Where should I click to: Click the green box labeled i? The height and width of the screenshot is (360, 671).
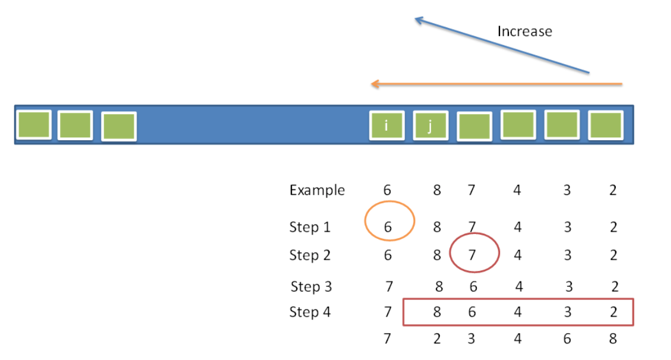387,125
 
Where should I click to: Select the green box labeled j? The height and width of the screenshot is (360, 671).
431,125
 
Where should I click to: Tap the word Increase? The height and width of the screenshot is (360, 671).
525,31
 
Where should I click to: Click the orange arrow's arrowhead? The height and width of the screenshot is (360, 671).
375,84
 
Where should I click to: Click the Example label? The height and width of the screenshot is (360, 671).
317,190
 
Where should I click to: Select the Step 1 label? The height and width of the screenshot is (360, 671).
310,226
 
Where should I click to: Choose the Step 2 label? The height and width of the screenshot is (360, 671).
310,255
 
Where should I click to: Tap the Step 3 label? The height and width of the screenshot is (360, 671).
311,286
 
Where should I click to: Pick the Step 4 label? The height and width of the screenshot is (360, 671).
310,312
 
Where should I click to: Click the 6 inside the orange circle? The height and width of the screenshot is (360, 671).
388,227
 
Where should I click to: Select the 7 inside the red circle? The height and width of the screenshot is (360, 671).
472,255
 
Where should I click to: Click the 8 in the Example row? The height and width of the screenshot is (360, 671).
436,190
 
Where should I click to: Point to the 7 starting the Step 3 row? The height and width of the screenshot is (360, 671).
389,286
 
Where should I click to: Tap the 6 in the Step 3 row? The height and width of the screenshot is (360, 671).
473,286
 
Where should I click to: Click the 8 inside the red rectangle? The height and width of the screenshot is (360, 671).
436,312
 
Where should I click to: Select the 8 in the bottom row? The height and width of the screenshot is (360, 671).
613,339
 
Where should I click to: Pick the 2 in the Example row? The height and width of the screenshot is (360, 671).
613,190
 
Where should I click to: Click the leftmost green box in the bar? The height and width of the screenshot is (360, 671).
34,125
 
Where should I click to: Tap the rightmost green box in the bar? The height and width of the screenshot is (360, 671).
606,125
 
